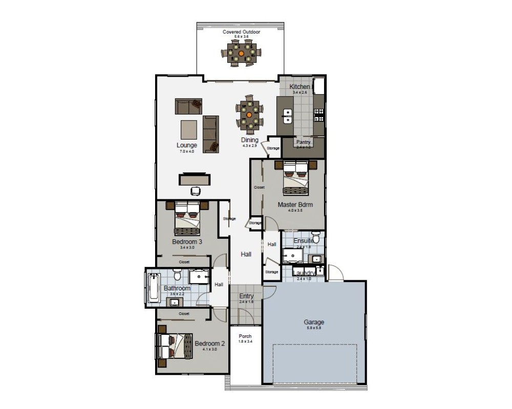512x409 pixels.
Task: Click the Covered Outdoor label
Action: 241,32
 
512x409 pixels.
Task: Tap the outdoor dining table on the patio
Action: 241,53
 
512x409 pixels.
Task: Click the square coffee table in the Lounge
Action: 189,129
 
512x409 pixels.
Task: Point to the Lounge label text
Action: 187,146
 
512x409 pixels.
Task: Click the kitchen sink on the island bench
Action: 288,117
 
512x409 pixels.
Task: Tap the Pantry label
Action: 303,142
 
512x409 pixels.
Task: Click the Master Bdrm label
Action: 295,204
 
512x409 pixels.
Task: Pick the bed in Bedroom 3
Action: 187,217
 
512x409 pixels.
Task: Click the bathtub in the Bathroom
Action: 154,288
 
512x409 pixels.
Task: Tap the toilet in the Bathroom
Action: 177,276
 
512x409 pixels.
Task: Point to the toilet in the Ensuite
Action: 316,238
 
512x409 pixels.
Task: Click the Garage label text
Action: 314,322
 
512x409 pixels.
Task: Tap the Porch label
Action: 245,336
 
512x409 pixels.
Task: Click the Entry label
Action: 246,296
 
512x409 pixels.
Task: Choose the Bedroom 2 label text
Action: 209,344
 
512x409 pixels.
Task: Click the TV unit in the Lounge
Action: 195,179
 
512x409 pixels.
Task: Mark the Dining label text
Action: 250,140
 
